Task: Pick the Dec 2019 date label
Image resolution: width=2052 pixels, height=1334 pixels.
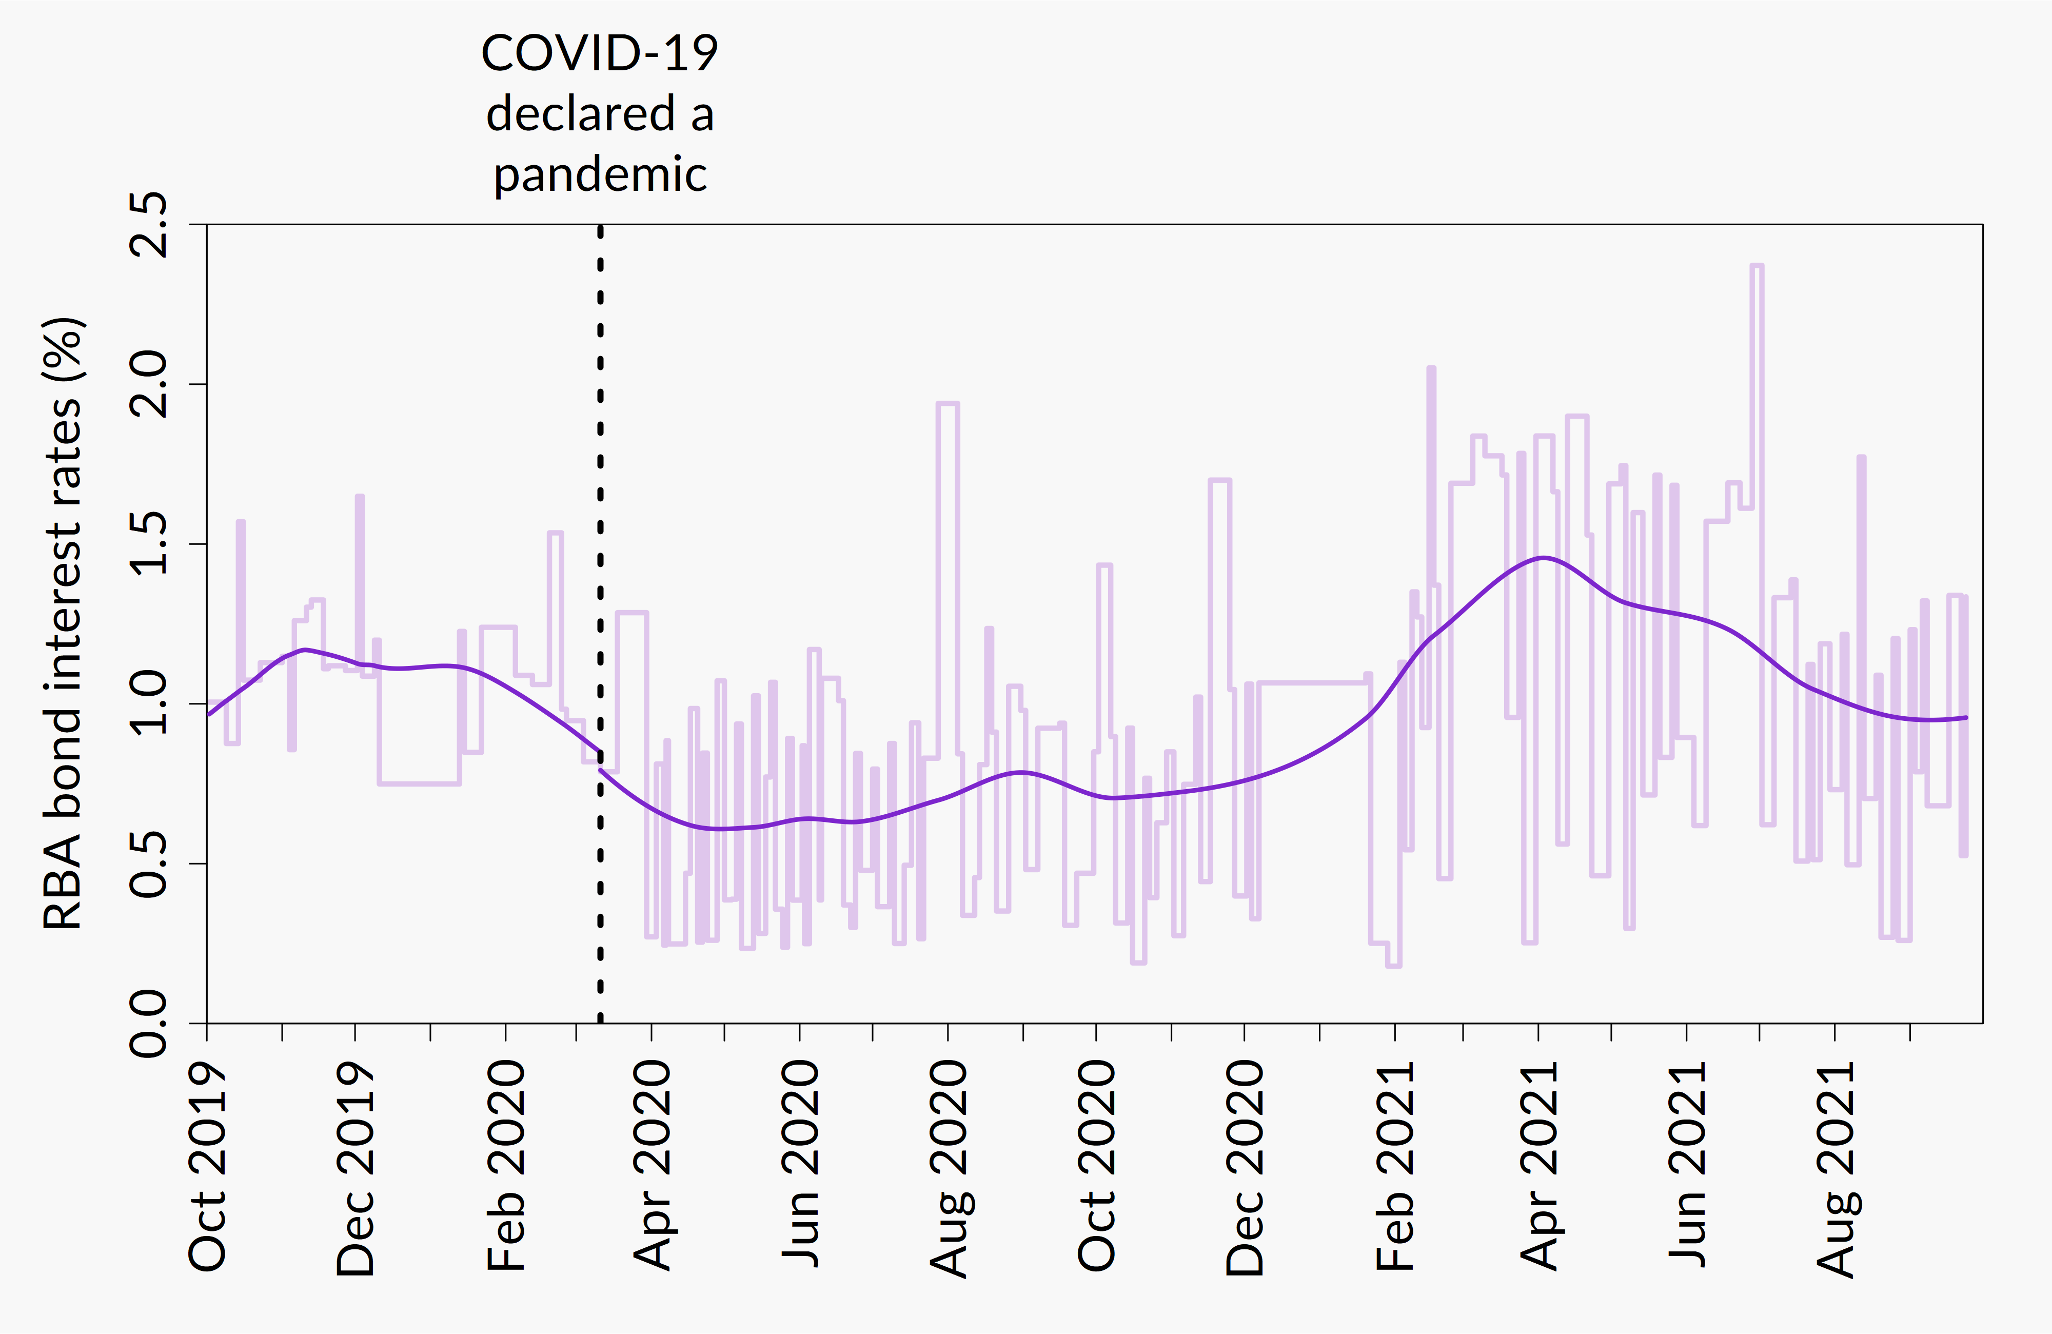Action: [x=355, y=1168]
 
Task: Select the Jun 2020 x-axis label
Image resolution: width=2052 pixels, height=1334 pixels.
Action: [x=800, y=1164]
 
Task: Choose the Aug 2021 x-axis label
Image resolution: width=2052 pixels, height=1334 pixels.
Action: [x=1834, y=1168]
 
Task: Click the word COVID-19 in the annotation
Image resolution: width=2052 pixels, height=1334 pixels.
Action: [x=599, y=53]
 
